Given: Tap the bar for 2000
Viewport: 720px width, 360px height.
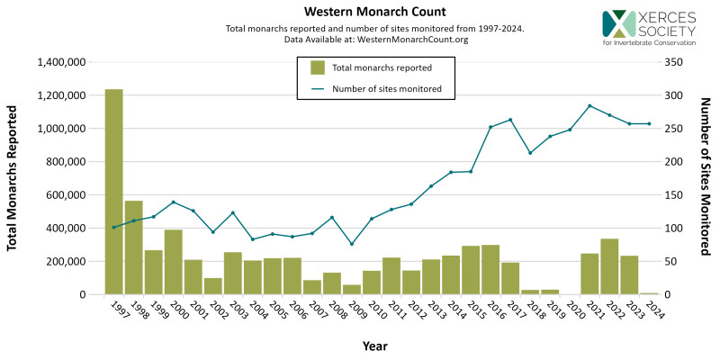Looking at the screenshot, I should pos(173,262).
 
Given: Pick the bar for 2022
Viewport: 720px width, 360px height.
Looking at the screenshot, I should pos(609,266).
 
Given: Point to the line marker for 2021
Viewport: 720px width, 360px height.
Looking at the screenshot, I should pos(589,105).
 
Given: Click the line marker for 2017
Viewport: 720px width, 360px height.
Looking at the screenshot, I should pos(510,120).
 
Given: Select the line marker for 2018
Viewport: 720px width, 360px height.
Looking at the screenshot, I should pos(530,153).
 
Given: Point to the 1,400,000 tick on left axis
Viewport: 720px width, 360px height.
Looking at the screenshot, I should pos(61,62).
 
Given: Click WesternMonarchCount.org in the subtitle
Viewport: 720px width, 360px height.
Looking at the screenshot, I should pos(412,40).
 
